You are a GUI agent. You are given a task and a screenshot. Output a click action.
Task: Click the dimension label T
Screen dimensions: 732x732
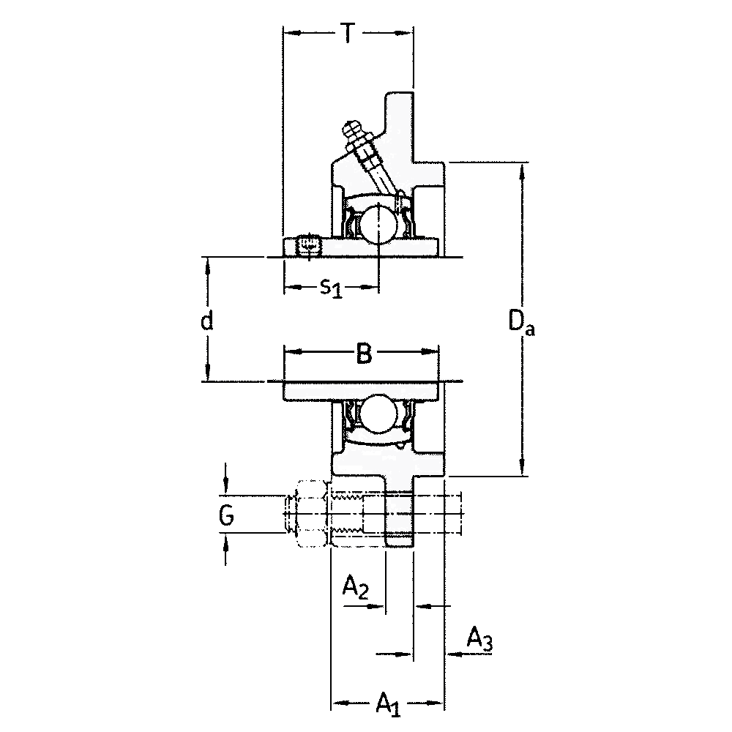click(347, 33)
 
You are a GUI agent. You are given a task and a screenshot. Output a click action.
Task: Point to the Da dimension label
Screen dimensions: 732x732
click(521, 322)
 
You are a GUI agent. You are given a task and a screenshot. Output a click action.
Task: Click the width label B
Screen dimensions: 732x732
click(364, 353)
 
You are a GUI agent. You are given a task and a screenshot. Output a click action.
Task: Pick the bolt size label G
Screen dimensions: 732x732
click(226, 515)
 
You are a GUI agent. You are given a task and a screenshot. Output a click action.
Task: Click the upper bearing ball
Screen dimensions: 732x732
click(378, 224)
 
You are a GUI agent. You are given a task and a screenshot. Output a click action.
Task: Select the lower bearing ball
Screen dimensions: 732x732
click(378, 414)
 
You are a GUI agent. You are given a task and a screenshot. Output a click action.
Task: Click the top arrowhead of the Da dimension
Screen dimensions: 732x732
click(523, 171)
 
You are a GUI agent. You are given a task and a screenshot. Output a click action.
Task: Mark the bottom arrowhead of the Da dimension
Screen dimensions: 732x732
click(523, 467)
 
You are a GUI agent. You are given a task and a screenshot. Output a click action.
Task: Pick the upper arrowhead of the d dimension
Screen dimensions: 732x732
click(208, 265)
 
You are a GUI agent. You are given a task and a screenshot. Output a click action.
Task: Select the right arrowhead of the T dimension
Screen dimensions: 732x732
click(404, 33)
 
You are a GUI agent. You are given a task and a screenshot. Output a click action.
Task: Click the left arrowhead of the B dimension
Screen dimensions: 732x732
click(293, 352)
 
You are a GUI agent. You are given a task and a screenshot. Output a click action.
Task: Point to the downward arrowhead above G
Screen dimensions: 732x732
click(226, 487)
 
